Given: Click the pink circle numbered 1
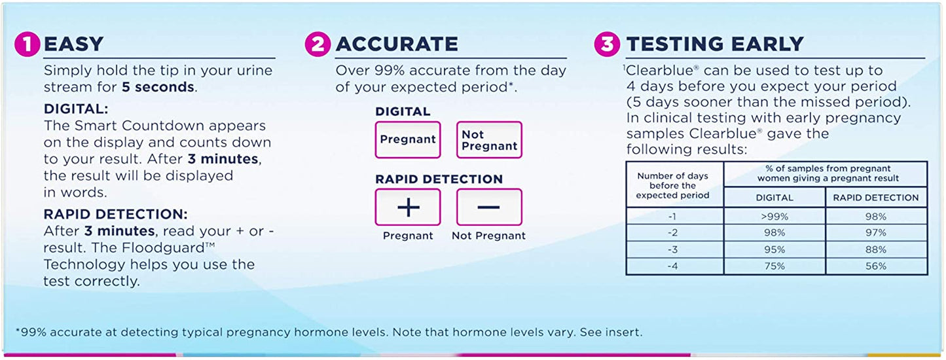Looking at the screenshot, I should coord(27,44).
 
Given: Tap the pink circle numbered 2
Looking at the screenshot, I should coord(318,44).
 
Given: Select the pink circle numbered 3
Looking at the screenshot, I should coord(607,44).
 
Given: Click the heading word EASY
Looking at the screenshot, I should coord(73,44).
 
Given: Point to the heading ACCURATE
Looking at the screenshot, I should coord(397,44).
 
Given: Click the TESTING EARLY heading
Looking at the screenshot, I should coord(715,44).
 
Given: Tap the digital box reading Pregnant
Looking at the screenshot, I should coord(408,139).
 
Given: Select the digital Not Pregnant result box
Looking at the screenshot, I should coord(489,139).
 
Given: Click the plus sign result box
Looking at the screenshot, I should coord(408,207).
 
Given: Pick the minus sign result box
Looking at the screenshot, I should coord(489,207).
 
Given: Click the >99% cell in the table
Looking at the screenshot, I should coord(774,217).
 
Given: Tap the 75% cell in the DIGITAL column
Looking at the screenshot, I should coord(774,266).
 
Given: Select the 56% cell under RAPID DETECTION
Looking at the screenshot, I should coord(875,266).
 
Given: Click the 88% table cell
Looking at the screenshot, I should coord(875,250).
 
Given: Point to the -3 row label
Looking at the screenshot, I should coord(675,250).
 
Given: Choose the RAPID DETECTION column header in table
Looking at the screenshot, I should coord(876,197).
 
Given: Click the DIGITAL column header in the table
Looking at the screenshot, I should coord(774,197).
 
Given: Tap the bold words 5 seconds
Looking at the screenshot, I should coord(158,86).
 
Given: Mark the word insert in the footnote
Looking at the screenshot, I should coord(625,332).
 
